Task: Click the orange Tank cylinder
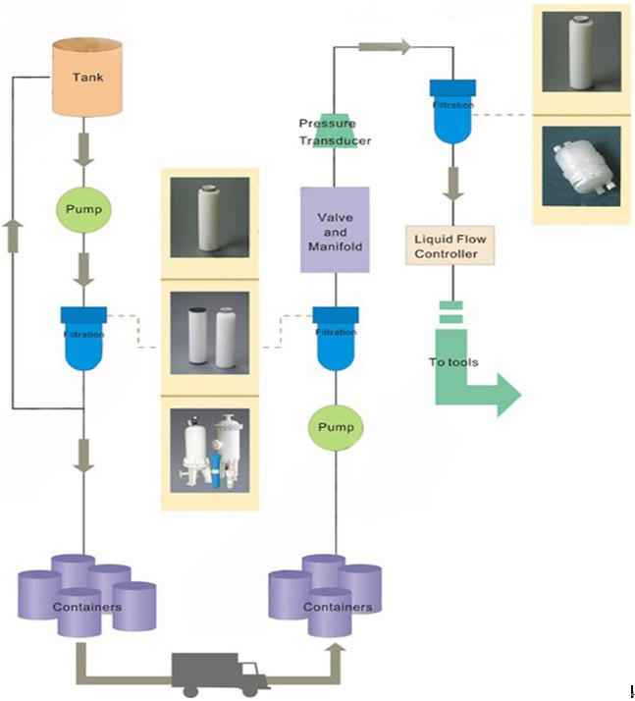[x=87, y=77]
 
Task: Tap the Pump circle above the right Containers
[x=336, y=428]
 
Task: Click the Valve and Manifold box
[x=335, y=230]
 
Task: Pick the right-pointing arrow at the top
[x=384, y=45]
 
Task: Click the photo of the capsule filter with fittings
[x=577, y=167]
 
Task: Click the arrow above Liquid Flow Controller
[x=452, y=181]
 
